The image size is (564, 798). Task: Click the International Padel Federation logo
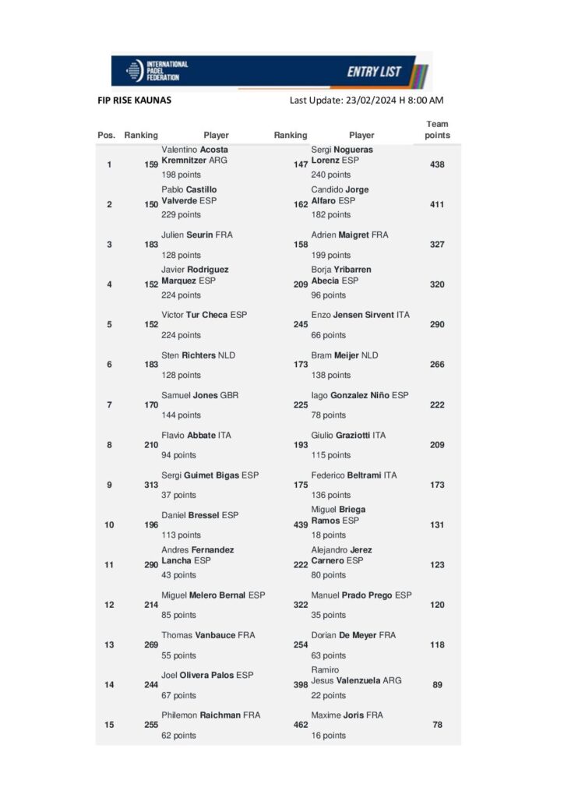(157, 71)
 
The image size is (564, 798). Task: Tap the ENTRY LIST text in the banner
(374, 72)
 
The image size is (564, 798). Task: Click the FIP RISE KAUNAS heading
(135, 101)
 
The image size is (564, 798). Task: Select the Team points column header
(437, 129)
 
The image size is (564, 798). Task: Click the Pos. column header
(106, 136)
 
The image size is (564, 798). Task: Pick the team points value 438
(437, 164)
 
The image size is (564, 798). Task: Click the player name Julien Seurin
(196, 235)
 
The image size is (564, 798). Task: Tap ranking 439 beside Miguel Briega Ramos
(300, 524)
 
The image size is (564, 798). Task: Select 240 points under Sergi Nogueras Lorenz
(331, 175)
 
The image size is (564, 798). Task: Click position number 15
(109, 725)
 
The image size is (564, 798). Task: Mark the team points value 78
(437, 725)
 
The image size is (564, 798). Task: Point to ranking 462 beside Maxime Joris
(300, 725)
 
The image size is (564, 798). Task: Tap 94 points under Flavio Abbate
(178, 455)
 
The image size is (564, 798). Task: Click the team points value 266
(437, 365)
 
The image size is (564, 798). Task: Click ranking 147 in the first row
(300, 164)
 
